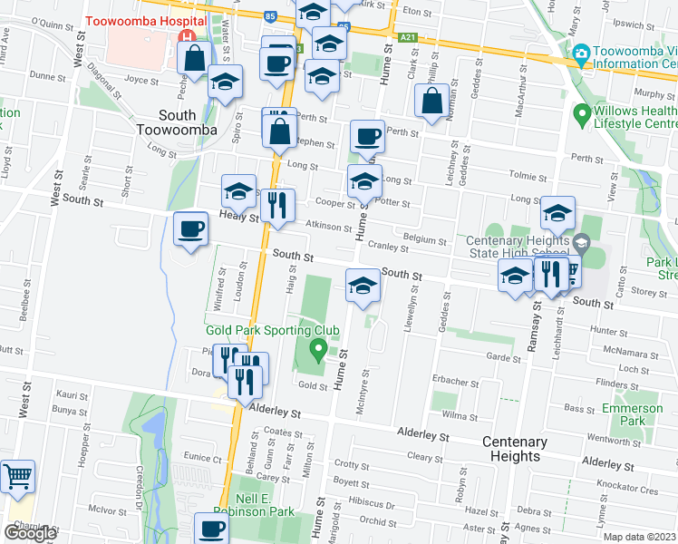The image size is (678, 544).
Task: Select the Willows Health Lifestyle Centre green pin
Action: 582,115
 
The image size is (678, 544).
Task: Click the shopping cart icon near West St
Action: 17,476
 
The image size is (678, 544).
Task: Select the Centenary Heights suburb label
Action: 514,449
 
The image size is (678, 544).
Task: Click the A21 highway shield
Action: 408,37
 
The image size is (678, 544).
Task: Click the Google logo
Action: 30,533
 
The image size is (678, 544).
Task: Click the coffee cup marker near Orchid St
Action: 213,529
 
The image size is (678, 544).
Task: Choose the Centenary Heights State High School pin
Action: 580,243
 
